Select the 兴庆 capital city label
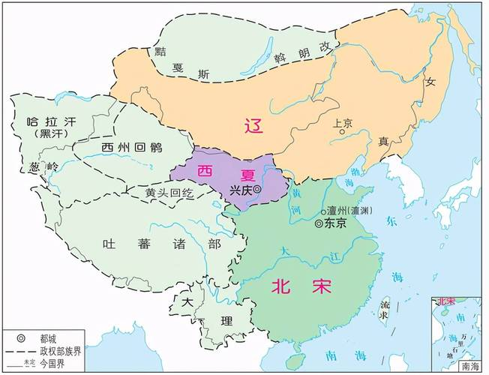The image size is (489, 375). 240,190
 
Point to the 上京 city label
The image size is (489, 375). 343,123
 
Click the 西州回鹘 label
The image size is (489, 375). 130,147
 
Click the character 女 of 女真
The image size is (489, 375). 430,83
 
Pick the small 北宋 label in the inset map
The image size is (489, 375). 446,301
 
